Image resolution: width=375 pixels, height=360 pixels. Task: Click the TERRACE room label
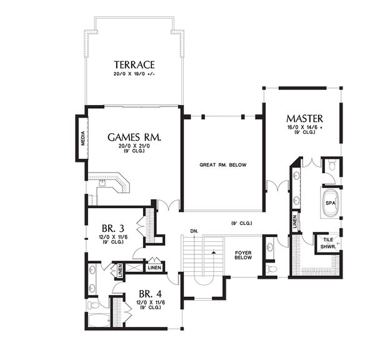[x=134, y=65]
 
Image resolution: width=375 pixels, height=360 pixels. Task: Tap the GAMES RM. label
[x=134, y=137]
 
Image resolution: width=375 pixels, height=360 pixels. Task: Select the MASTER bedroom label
[x=305, y=119]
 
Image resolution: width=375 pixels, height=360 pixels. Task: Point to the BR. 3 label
[x=113, y=229]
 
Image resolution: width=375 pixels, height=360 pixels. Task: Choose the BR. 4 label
[x=151, y=294]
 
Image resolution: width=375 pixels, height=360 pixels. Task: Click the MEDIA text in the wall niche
[x=83, y=139]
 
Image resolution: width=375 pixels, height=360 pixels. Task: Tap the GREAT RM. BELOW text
[x=223, y=165]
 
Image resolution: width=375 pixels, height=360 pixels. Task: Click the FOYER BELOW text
[x=243, y=255]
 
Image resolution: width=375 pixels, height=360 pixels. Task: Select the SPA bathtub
[x=331, y=202]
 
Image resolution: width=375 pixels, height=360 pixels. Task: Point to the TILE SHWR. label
[x=328, y=242]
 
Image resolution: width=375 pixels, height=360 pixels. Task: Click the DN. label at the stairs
[x=194, y=231]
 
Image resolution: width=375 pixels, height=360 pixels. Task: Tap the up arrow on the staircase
[x=214, y=252]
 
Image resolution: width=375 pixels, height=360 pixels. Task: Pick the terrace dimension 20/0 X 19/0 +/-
[x=134, y=74]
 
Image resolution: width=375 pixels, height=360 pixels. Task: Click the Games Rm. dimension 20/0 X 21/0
[x=134, y=146]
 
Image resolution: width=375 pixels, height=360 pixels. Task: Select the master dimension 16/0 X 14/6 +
[x=305, y=127]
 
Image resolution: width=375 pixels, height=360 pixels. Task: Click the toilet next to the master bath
[x=332, y=166]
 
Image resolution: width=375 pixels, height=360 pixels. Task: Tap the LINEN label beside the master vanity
[x=294, y=221]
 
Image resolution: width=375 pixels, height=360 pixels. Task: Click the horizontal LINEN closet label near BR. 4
[x=154, y=267]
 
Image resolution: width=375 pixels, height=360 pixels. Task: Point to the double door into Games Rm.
[x=169, y=206]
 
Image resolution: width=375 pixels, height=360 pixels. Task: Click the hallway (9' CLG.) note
[x=241, y=223]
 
